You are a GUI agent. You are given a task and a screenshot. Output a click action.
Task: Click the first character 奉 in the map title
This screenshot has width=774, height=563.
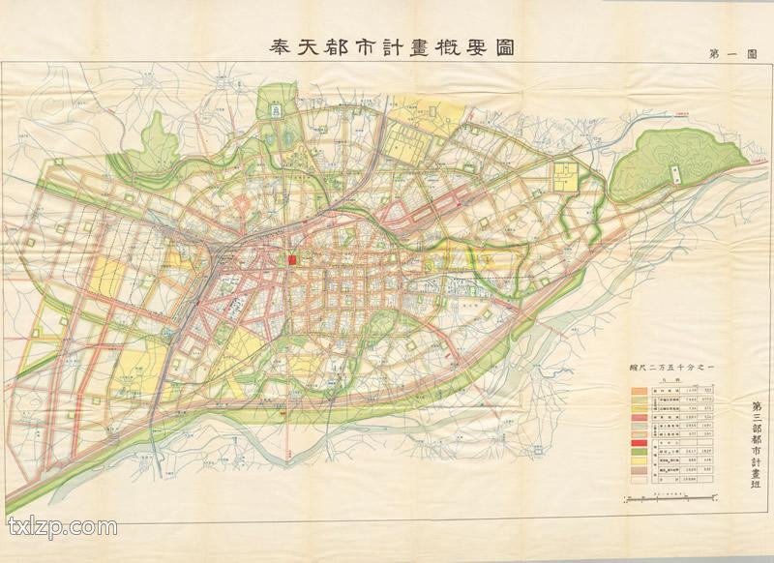click(x=278, y=47)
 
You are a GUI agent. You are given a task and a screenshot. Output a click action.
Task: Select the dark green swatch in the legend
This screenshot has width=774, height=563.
click(x=639, y=450)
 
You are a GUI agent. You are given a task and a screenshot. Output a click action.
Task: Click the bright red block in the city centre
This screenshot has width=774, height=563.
click(x=291, y=260)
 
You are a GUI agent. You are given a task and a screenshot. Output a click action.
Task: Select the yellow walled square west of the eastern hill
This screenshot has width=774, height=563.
click(x=564, y=176)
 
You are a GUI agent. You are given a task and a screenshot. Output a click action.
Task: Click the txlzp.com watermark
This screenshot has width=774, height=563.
click(x=63, y=528)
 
